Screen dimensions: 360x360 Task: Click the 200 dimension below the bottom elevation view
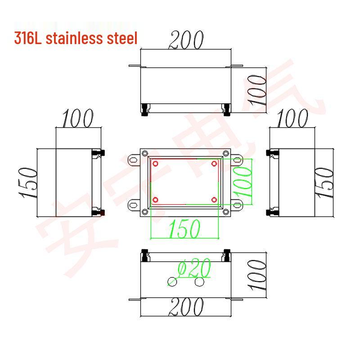pos(186,308)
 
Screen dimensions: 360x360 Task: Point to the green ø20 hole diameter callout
pos(194,269)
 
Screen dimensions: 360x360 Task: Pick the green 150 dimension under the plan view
pos(184,229)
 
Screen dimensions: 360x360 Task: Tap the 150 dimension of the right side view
pos(325,183)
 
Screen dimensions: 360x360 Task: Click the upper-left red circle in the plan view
pos(155,163)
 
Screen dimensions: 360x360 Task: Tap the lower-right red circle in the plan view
pos(214,199)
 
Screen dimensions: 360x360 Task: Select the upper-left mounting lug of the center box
pos(134,159)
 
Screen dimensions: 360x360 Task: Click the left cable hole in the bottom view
pos(171,282)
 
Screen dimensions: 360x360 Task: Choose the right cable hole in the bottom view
pos(200,282)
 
